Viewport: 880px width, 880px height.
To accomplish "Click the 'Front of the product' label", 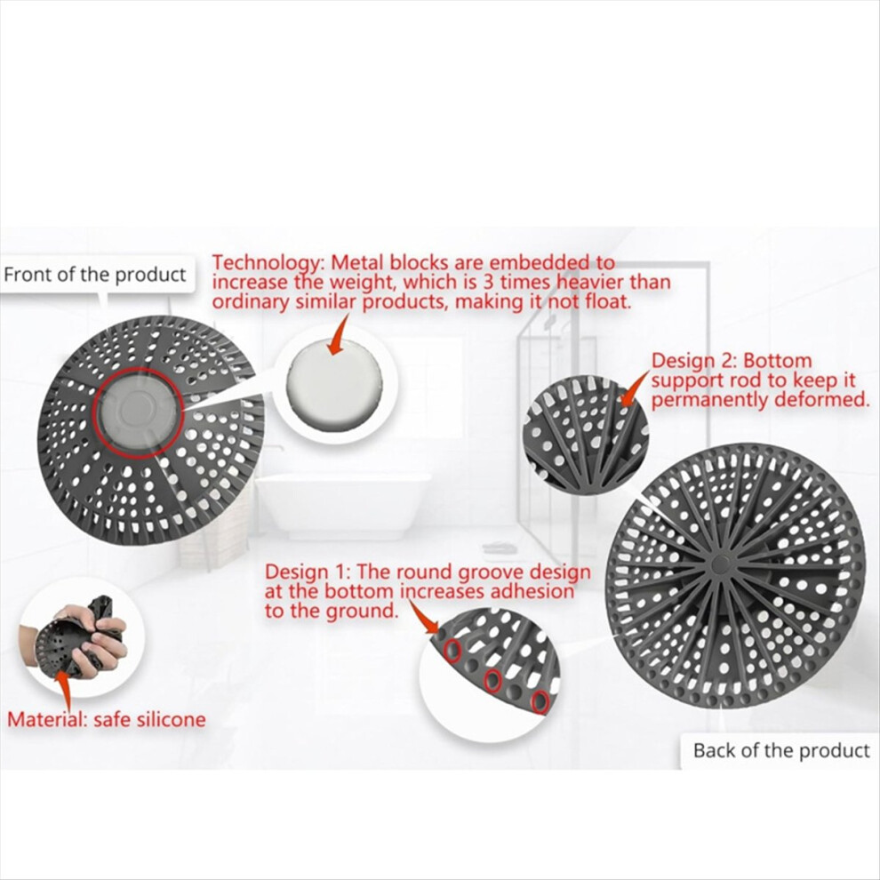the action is [x=94, y=275].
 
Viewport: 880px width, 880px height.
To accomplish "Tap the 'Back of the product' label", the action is [x=781, y=750].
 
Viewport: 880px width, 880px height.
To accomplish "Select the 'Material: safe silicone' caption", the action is [x=107, y=719].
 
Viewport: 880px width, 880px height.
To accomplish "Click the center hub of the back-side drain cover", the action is [x=719, y=563].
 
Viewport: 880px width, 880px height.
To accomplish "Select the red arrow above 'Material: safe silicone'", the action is [x=63, y=691].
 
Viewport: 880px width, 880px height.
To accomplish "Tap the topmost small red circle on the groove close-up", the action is [x=452, y=651].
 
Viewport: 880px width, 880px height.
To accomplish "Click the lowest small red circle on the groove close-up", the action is [x=540, y=701].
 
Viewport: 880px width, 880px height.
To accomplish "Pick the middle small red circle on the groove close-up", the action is [x=492, y=681].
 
